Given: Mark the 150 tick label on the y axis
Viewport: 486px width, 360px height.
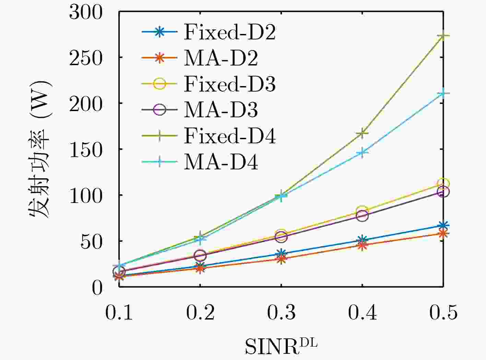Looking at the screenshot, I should (86, 149).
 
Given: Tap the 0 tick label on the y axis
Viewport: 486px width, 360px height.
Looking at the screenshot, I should (97, 287).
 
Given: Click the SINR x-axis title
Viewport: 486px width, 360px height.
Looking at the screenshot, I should (281, 346).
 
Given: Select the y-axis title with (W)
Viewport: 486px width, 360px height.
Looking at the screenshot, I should (39, 149).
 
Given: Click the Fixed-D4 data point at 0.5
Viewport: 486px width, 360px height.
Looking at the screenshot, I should (443, 36).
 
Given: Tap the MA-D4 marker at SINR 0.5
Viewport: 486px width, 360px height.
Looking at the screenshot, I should (443, 94).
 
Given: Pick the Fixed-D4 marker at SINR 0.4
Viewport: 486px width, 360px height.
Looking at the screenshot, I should (362, 133).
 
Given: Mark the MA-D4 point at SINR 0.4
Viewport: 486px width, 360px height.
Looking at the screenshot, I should (362, 153).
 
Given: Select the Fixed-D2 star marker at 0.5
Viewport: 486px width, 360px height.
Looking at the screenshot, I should (443, 225).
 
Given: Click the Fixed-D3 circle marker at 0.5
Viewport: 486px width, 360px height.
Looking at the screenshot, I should (443, 184).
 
